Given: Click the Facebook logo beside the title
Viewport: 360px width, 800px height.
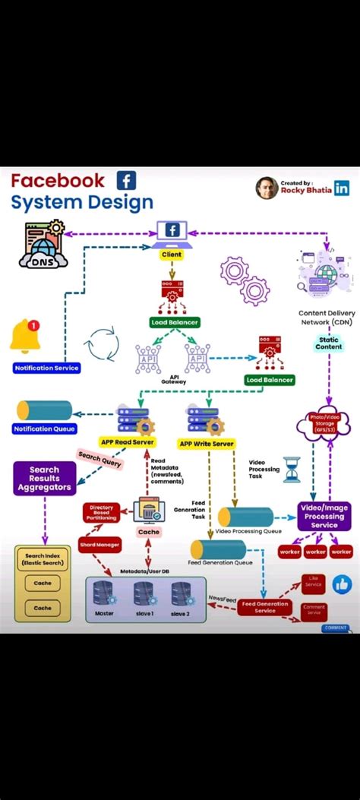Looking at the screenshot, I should pyautogui.click(x=126, y=181).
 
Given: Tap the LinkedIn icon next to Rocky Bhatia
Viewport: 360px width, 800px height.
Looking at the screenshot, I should pyautogui.click(x=342, y=188).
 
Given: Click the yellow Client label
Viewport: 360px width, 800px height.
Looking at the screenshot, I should pyautogui.click(x=172, y=255).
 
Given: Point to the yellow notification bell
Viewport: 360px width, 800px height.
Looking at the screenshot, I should pyautogui.click(x=24, y=337).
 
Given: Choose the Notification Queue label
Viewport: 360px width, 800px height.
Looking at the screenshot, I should pyautogui.click(x=44, y=429).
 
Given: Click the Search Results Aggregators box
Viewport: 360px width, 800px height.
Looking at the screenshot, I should pyautogui.click(x=44, y=479).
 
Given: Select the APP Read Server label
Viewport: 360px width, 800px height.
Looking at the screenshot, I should pyautogui.click(x=128, y=443).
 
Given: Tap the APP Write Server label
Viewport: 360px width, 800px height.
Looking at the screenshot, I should pyautogui.click(x=206, y=444).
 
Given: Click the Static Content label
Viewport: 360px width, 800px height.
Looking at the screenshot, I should pyautogui.click(x=328, y=343).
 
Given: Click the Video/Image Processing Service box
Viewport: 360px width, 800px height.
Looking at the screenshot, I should pyautogui.click(x=324, y=516).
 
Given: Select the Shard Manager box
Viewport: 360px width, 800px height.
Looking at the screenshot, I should pyautogui.click(x=99, y=544).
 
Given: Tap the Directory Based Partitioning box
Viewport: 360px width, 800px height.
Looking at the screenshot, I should pyautogui.click(x=101, y=513).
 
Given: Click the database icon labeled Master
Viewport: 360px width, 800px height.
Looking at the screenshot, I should pyautogui.click(x=104, y=594).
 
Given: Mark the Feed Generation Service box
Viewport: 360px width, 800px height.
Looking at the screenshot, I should pyautogui.click(x=265, y=607).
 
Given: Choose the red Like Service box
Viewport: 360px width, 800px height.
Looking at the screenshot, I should pyautogui.click(x=313, y=583).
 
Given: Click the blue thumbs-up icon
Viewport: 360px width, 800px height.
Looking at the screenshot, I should pyautogui.click(x=342, y=584).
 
